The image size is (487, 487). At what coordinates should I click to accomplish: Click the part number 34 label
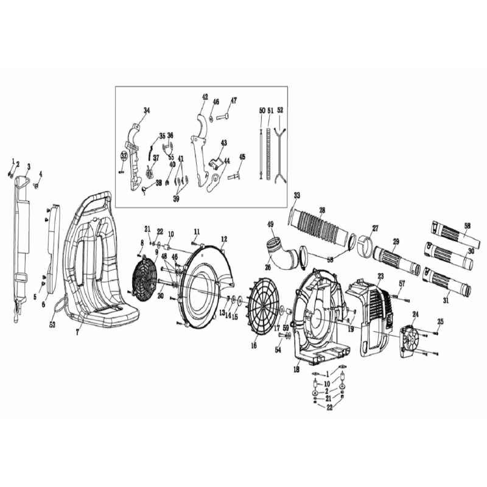coord(146,110)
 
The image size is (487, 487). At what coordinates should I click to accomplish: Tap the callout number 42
coord(205,97)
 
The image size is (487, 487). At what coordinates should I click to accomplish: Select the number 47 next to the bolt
coord(234,100)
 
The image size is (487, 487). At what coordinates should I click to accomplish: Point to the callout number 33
coord(296,195)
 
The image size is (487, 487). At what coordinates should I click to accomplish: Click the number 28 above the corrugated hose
coord(322,210)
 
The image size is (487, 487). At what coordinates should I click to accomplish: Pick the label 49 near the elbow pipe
coord(270,225)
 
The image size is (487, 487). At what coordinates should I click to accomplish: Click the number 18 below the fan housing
coord(296,370)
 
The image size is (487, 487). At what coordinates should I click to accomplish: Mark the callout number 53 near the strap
coord(52,325)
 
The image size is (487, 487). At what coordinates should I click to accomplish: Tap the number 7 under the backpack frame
coord(77,333)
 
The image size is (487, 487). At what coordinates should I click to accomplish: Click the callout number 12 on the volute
coord(224,239)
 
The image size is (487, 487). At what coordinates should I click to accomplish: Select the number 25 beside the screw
coord(441,321)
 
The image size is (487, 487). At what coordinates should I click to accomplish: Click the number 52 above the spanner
coord(280,111)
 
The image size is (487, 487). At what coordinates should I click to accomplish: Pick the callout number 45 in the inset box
coord(242,157)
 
